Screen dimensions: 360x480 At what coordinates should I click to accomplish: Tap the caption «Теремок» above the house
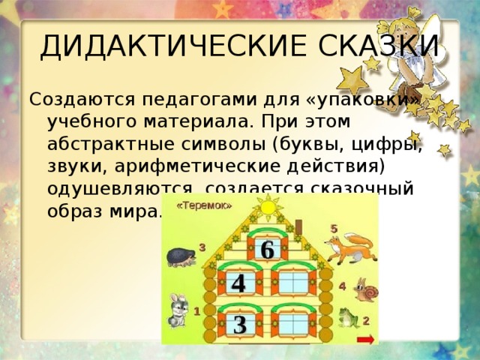[x=204, y=203]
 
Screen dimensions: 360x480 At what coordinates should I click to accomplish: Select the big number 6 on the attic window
[x=266, y=250]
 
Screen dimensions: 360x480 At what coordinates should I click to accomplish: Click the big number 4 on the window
[x=238, y=283]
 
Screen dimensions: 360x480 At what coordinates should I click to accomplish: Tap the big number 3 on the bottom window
[x=239, y=325]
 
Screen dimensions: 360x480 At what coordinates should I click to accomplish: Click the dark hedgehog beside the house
[x=182, y=257]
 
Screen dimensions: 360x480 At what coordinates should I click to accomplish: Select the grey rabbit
[x=177, y=310]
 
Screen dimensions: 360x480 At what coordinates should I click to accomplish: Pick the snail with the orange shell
[x=367, y=290]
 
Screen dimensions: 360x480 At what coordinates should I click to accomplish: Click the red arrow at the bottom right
[x=366, y=340]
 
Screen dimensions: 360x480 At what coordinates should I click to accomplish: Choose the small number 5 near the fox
[x=334, y=228]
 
